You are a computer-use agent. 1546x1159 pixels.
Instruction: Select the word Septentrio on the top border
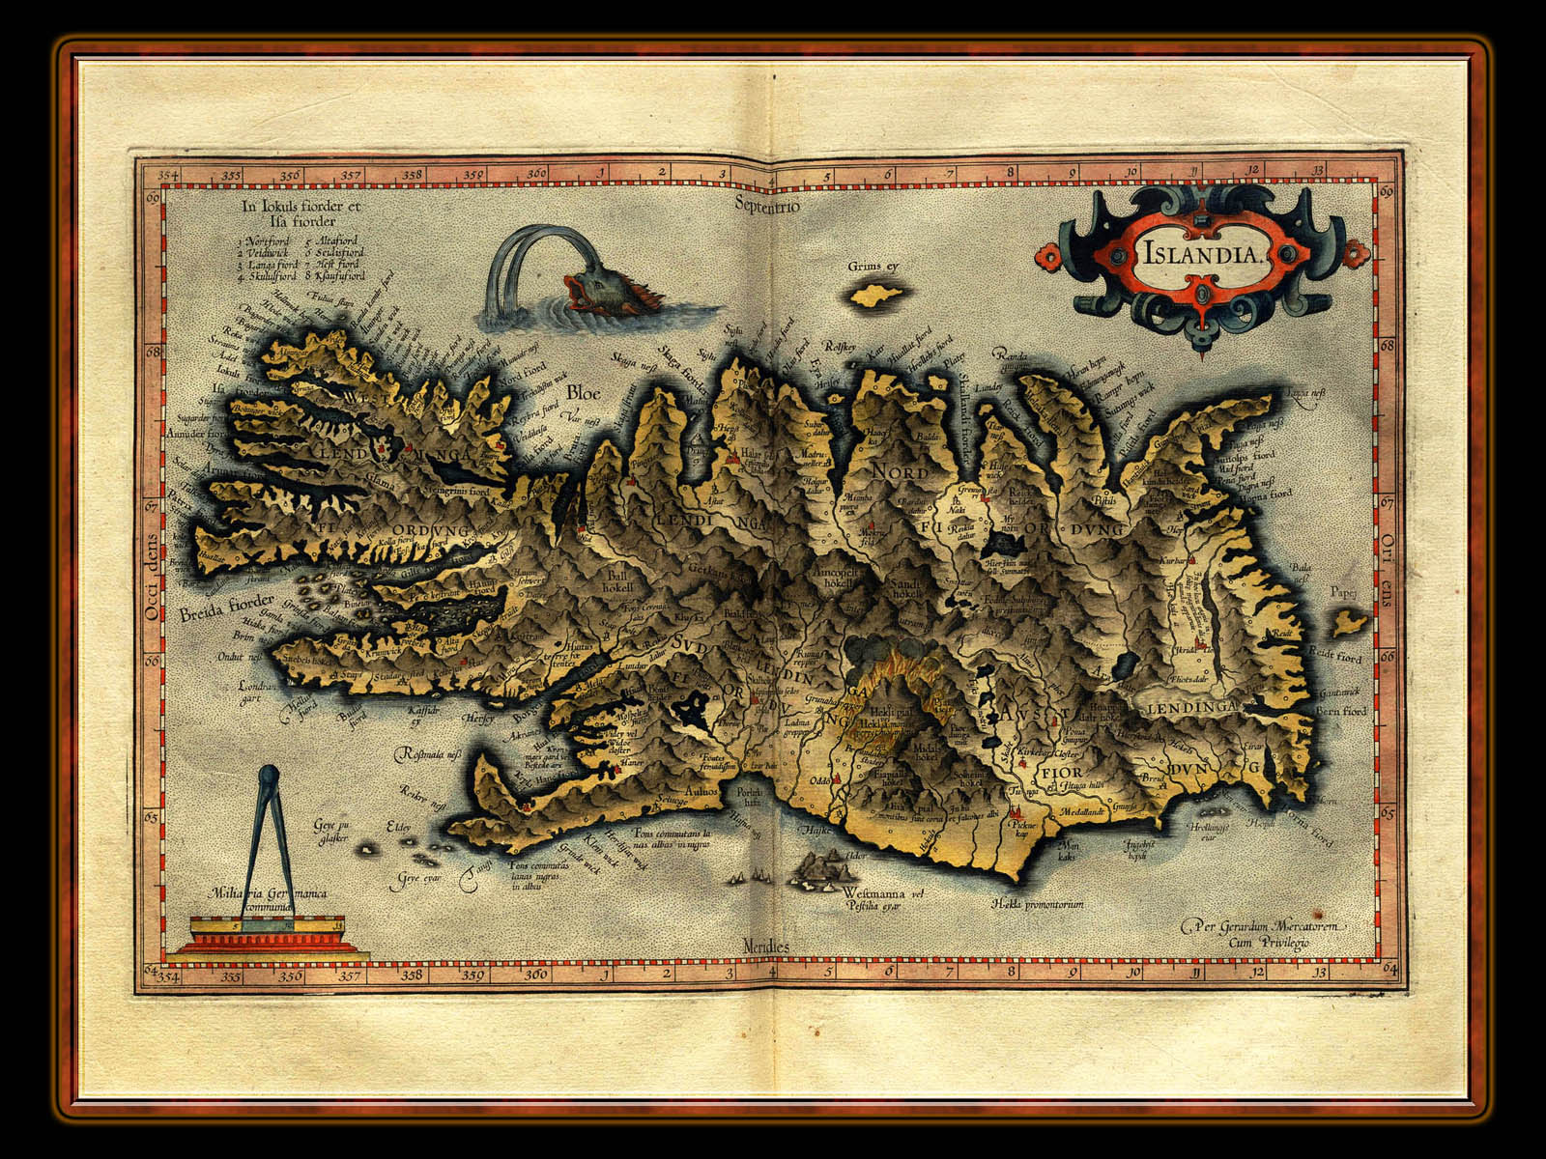[x=766, y=204]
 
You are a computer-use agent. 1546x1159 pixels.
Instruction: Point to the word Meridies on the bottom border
[x=766, y=946]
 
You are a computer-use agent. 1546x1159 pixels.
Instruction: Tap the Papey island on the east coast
[x=1349, y=623]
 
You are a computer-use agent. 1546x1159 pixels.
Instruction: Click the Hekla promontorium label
[x=1036, y=905]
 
